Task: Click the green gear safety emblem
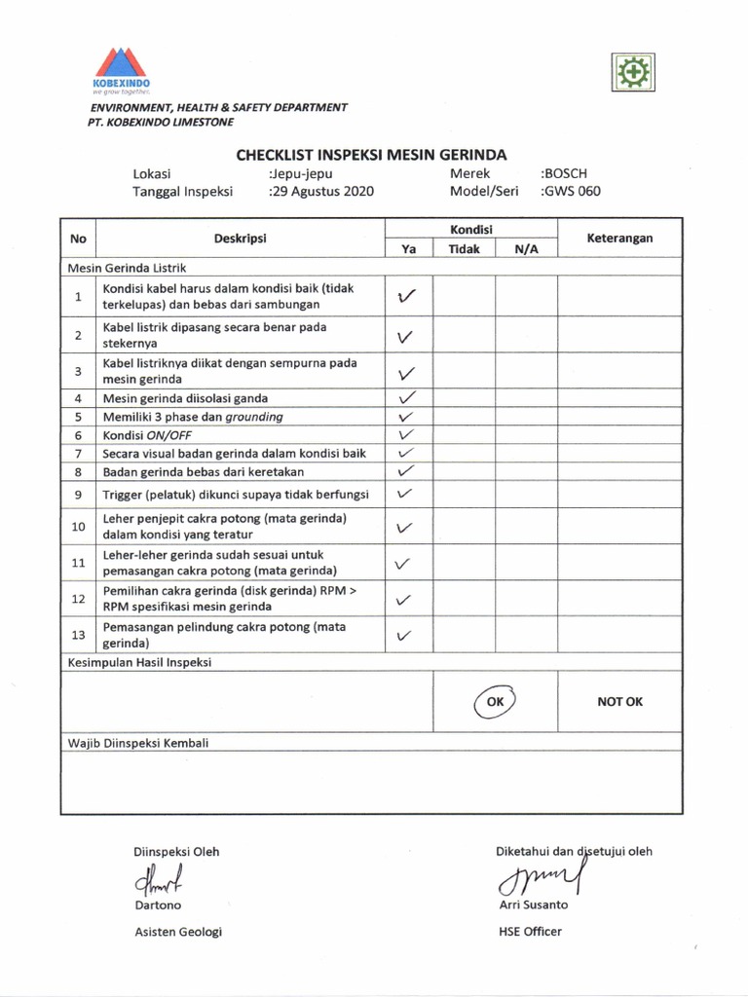(x=634, y=72)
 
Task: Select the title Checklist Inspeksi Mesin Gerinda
(x=371, y=154)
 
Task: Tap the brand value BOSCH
(x=567, y=173)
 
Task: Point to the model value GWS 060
(x=573, y=191)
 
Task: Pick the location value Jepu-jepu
(x=301, y=173)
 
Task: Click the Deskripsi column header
(x=241, y=238)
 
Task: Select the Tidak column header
(x=464, y=248)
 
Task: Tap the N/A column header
(x=526, y=248)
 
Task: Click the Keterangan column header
(x=619, y=238)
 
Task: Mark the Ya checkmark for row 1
(x=408, y=296)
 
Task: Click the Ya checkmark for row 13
(x=407, y=636)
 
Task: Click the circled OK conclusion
(x=496, y=701)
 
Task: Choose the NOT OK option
(x=619, y=701)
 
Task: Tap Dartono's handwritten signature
(x=161, y=881)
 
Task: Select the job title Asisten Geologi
(x=178, y=932)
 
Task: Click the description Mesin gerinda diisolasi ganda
(x=186, y=398)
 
